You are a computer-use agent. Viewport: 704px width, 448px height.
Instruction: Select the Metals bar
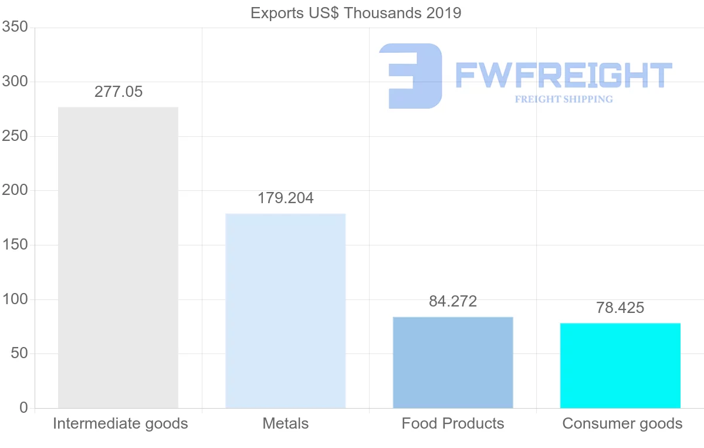pos(286,311)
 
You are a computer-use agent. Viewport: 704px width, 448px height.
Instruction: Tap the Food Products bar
pos(453,362)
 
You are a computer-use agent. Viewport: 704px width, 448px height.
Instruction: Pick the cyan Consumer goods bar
pos(620,365)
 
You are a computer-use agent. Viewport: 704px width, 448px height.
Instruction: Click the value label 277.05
pos(119,92)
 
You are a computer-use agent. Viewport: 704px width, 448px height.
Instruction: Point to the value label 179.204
pos(286,198)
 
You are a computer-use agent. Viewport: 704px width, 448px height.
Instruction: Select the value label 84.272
pos(453,302)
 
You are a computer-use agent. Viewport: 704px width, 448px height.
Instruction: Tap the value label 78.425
pos(620,308)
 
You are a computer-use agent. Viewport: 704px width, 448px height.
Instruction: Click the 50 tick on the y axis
pos(19,353)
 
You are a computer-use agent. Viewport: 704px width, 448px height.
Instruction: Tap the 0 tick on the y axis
pos(23,407)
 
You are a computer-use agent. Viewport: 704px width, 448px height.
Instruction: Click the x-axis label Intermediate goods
pos(120,423)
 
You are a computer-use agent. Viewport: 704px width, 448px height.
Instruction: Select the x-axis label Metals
pos(286,423)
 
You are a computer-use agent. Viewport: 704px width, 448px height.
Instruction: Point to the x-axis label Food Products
pos(453,423)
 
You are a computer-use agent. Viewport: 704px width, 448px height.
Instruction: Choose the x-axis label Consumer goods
pos(622,423)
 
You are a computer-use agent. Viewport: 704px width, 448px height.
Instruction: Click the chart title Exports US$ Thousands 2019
pos(356,13)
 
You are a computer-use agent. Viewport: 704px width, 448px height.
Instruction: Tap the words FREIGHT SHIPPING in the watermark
pos(564,99)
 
